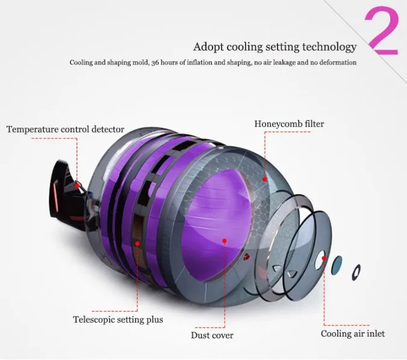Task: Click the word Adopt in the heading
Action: click(x=207, y=47)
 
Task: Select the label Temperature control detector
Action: click(x=65, y=129)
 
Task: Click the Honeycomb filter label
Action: click(x=289, y=124)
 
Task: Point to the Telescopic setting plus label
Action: click(x=117, y=320)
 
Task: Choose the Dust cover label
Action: click(x=212, y=335)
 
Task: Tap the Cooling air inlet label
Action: click(x=352, y=334)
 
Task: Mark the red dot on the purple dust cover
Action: click(x=224, y=241)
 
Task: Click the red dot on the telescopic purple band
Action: click(x=138, y=244)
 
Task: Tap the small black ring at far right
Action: click(x=356, y=272)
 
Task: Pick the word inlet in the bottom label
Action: click(x=374, y=334)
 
